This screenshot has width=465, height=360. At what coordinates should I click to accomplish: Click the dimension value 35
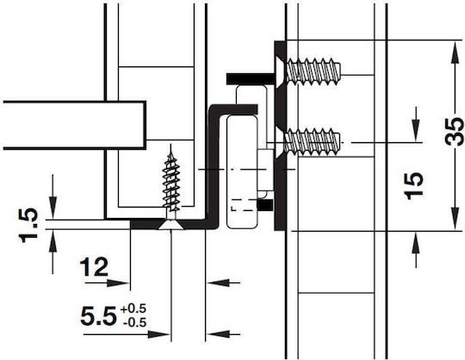tap(454, 132)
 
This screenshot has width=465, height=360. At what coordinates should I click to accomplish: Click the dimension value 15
tap(413, 186)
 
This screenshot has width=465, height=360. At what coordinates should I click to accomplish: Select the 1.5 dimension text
tap(28, 225)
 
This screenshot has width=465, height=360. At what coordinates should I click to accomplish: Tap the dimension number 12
tap(94, 267)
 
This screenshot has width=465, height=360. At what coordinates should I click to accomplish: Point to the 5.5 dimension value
tap(98, 316)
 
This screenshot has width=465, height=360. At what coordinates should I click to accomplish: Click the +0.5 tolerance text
tap(133, 308)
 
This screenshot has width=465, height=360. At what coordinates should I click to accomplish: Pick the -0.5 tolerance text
tap(135, 322)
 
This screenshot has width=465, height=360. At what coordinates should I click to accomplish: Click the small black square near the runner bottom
tap(265, 205)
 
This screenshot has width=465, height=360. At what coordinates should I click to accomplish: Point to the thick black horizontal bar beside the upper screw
tap(251, 79)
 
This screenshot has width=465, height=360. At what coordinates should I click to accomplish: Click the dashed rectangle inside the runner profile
tap(244, 205)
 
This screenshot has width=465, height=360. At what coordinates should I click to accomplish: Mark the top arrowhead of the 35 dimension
tap(455, 53)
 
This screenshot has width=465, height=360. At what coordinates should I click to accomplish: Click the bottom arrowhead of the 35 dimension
tap(455, 219)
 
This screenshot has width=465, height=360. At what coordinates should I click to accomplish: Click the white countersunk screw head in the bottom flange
tap(171, 225)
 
